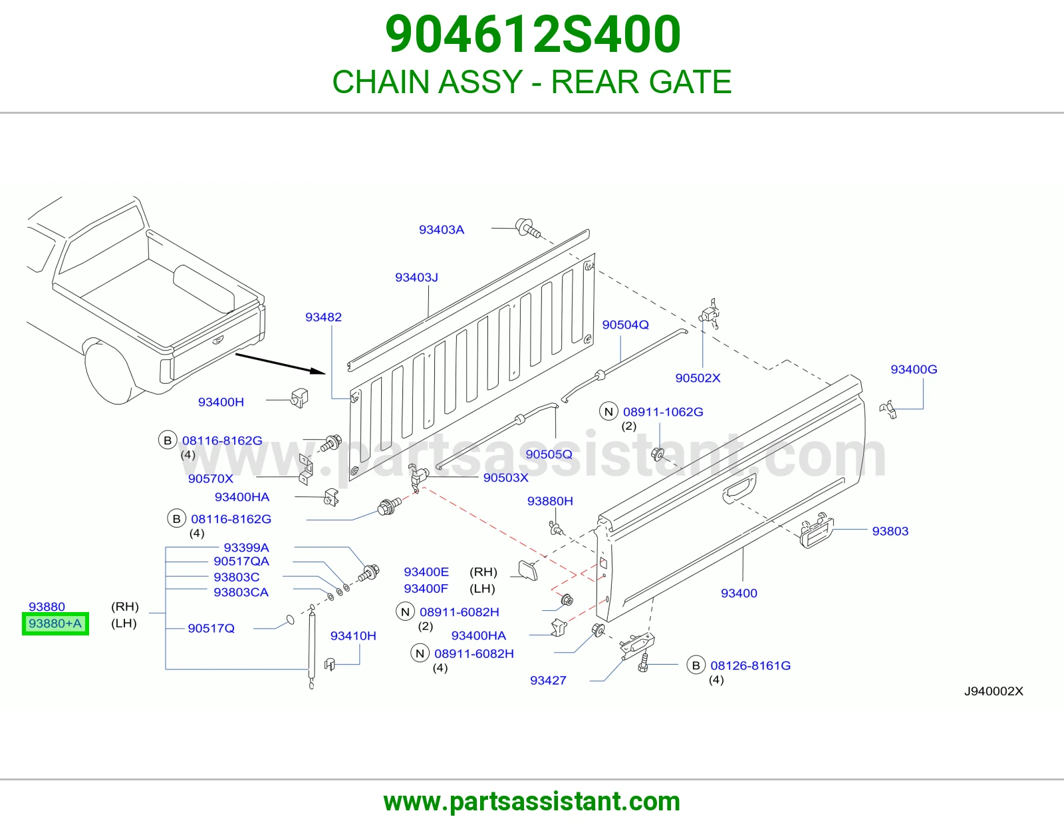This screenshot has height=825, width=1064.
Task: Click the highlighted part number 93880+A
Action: coord(55,623)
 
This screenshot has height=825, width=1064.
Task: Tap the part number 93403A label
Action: coord(441,230)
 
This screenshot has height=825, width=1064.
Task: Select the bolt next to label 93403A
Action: coord(528,228)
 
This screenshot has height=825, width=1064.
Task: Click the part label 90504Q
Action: coord(625,325)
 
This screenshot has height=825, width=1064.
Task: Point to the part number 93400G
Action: coord(914,369)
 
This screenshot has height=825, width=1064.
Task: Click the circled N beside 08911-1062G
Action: coord(608,412)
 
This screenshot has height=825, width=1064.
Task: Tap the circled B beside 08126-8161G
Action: coord(696,665)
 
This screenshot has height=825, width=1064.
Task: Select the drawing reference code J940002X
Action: coord(994,691)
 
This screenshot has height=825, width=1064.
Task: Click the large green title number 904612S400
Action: coord(533,34)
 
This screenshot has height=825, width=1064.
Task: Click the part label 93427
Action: coord(548,681)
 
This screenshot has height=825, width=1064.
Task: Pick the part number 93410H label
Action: coord(353,636)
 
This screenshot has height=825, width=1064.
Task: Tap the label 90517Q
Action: coord(211,628)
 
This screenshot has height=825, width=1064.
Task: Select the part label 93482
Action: coord(323,317)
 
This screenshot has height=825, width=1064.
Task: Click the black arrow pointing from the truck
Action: coord(281,363)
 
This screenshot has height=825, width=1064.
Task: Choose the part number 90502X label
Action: coord(698,378)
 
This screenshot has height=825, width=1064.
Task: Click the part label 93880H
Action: coord(550,501)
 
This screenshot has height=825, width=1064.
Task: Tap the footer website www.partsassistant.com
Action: coord(532,802)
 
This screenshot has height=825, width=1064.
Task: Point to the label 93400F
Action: coord(426,588)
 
